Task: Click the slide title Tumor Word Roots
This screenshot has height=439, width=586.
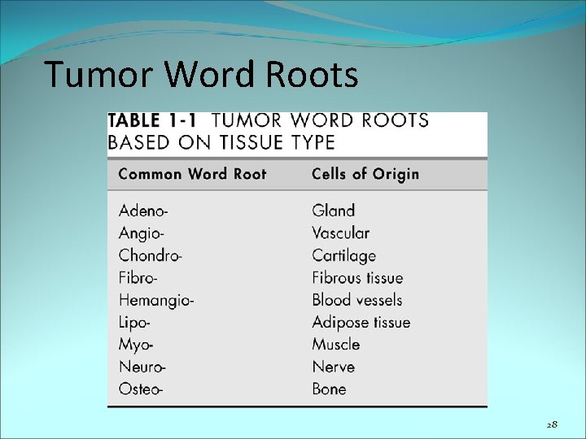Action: (201, 75)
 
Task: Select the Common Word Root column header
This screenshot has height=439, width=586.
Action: (192, 174)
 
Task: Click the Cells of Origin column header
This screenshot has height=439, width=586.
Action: (365, 174)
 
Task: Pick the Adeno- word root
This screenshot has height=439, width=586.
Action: (143, 211)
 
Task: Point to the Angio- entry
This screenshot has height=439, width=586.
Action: (142, 233)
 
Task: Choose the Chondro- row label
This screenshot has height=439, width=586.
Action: (151, 255)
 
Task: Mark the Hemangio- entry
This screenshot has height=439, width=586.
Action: (156, 301)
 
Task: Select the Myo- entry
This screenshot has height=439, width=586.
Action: (136, 345)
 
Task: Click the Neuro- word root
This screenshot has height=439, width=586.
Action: (142, 367)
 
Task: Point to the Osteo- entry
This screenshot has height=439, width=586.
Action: (141, 389)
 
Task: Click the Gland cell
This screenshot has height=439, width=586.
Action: (333, 211)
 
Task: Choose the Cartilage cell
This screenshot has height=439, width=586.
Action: (343, 255)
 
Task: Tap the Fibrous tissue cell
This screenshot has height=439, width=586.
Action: (357, 278)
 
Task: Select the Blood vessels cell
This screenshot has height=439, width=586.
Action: (356, 300)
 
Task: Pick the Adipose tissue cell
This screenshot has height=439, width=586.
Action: (361, 323)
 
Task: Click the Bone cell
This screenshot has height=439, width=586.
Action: (329, 389)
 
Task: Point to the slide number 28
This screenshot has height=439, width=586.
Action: (552, 424)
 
